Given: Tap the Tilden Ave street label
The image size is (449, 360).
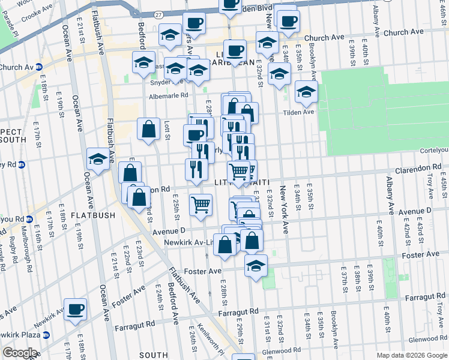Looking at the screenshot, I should tap(301, 112).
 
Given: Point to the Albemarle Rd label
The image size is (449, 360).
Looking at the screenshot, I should tap(169, 95).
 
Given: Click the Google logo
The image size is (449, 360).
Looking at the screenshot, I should tap(19, 353).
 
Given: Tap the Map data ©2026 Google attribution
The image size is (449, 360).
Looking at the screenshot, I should tap(411, 355).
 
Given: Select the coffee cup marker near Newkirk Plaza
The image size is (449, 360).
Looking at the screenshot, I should tap(76, 310).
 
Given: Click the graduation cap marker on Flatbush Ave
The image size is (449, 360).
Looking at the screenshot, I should tap(98, 159).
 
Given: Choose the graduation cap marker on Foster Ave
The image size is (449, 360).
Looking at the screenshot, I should tap(256, 266).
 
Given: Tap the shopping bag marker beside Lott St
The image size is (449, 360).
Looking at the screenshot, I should tap(148, 129).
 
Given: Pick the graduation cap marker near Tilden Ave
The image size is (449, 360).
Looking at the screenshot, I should tap(306, 92).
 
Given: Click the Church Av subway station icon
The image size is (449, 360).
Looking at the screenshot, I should tap(38, 67).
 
